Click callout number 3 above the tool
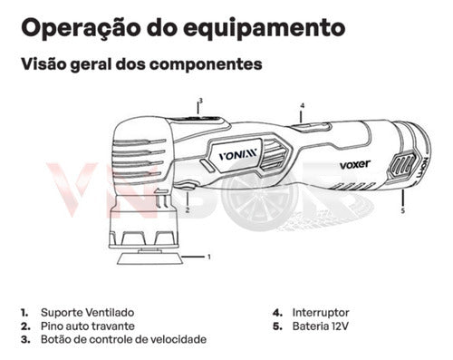point(200,101)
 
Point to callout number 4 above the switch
point(303,106)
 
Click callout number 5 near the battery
point(403,211)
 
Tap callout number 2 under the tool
point(188,209)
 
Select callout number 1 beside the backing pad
point(209,257)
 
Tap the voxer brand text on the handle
point(354,165)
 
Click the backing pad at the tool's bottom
point(149,259)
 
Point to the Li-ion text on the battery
point(422,168)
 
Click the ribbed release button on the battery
point(402,166)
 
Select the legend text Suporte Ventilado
point(87,313)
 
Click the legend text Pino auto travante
point(88,326)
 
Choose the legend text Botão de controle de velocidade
point(123,339)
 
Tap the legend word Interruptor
point(321,313)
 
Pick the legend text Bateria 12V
point(320,326)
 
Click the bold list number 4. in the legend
point(277,313)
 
